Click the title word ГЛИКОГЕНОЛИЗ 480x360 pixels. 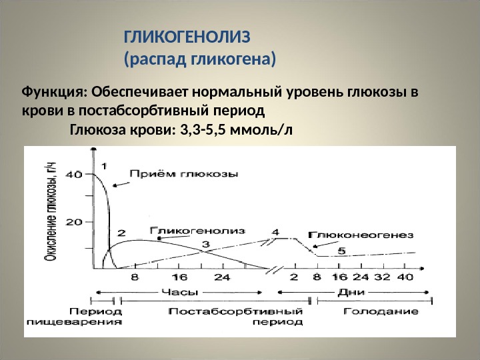point(187,37)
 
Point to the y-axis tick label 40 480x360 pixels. point(74,175)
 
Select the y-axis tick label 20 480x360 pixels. point(74,222)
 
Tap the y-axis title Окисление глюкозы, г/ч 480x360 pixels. point(50,211)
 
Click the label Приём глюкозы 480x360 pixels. point(184,174)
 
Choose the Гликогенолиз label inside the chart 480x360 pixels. point(197,231)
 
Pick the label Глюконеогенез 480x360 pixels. point(361,235)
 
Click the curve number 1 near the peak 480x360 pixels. point(104,167)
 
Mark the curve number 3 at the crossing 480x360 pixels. point(206,244)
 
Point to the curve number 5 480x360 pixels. point(341,251)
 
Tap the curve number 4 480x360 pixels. point(275,232)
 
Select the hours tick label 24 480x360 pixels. point(222,277)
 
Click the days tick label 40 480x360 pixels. point(405,277)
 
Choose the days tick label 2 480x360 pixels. point(294,277)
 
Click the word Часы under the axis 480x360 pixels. point(180,293)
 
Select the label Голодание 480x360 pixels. point(381,311)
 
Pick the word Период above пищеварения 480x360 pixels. point(96,311)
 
